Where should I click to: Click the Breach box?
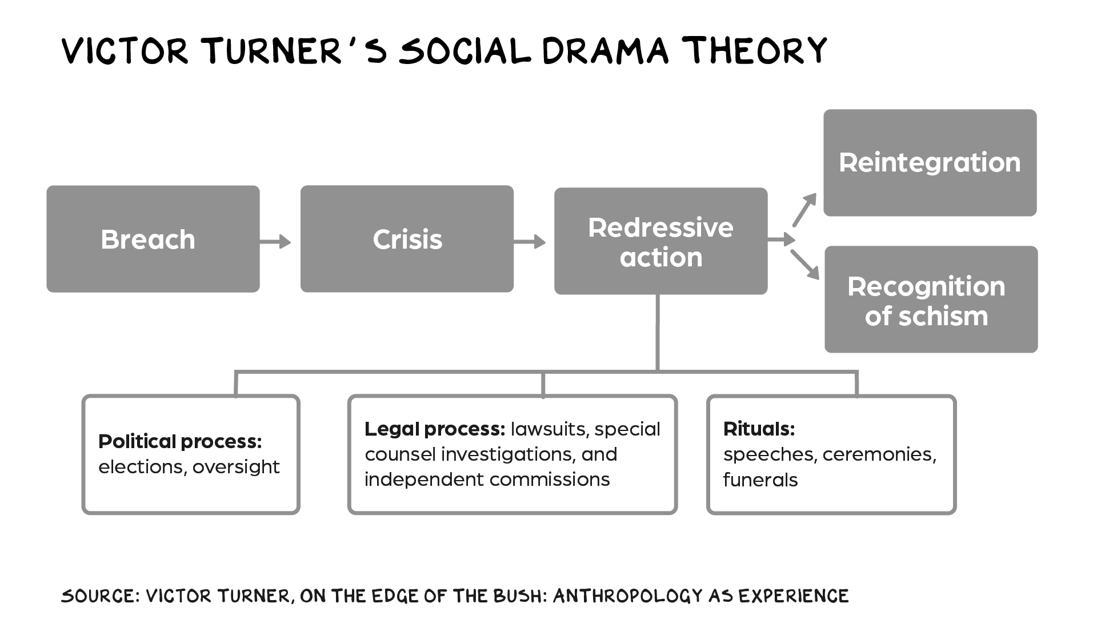coord(153,239)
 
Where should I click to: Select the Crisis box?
coord(407,239)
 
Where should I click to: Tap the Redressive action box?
coord(660,241)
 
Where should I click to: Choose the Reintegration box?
coord(930,163)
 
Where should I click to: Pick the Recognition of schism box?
coord(931,299)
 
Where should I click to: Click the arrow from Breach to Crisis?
coord(275,242)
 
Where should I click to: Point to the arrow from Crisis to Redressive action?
coord(530,242)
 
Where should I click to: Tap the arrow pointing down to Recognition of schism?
coord(805,265)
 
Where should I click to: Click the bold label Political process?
coord(180,442)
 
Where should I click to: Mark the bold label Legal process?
coord(435,429)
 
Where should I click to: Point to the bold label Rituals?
coord(759,429)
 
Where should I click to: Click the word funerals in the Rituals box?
coord(760,480)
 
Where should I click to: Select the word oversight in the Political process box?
coord(236,467)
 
